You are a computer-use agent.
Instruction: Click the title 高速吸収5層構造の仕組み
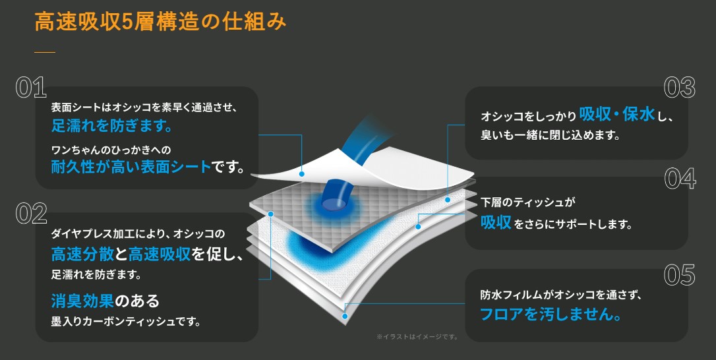click(160, 22)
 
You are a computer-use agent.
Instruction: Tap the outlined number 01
click(31, 88)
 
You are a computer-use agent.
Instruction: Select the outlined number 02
click(32, 214)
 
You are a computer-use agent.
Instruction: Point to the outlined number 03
click(680, 88)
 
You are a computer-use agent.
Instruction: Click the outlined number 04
click(680, 178)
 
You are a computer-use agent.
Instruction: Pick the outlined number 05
click(680, 274)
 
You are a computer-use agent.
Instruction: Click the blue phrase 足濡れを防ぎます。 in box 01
click(112, 126)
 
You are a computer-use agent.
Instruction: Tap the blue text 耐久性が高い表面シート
click(131, 167)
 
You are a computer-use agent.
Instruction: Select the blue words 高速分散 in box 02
click(82, 254)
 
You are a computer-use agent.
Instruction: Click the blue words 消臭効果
click(82, 301)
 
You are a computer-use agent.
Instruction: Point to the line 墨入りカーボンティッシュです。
click(126, 322)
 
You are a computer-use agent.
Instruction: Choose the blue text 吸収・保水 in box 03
click(617, 114)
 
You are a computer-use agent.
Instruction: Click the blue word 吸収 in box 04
click(496, 222)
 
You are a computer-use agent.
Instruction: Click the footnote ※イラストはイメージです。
click(417, 337)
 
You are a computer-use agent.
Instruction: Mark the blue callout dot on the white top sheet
click(301, 174)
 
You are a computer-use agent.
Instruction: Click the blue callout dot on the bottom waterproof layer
click(345, 316)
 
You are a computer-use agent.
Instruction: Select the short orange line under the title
click(45, 52)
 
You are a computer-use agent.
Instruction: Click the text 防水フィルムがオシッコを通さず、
click(561, 295)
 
